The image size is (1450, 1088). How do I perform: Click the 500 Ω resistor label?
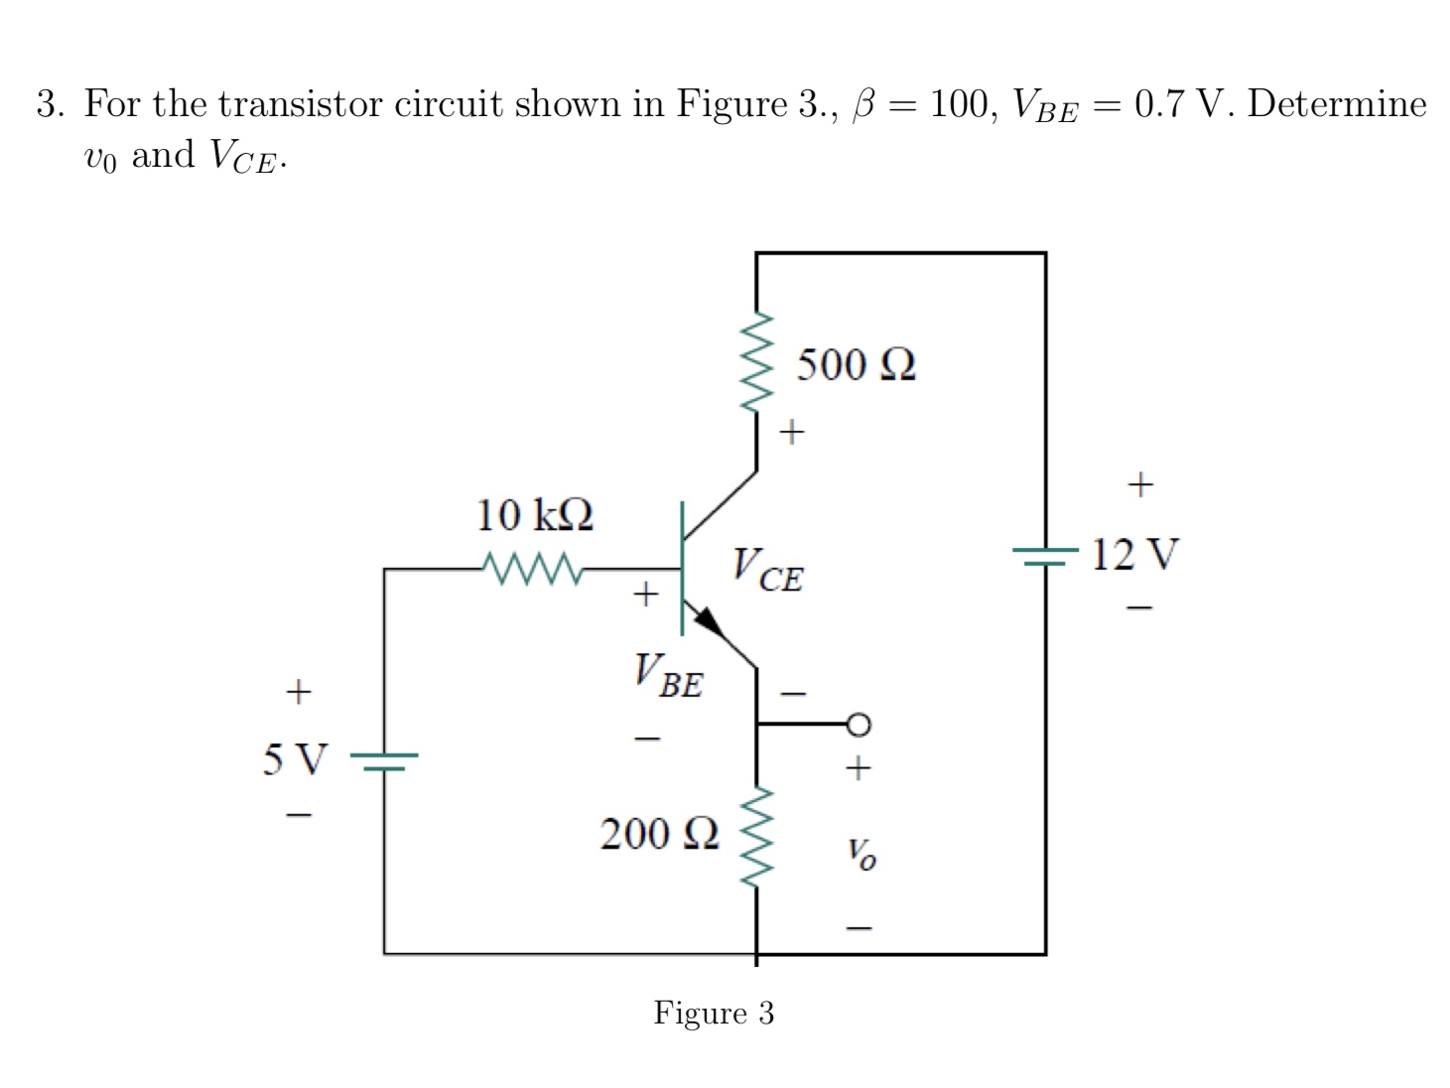(856, 365)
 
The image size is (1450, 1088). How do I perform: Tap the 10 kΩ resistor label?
(535, 515)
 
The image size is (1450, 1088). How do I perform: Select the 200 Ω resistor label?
(659, 834)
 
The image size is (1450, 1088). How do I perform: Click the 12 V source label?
(1135, 554)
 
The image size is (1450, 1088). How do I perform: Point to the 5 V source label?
(294, 759)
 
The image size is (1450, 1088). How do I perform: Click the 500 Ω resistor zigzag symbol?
(756, 361)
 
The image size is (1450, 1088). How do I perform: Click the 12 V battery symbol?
(1045, 556)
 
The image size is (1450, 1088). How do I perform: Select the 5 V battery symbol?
(384, 761)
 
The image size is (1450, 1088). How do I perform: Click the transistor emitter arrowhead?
(709, 621)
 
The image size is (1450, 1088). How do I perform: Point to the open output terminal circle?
(858, 725)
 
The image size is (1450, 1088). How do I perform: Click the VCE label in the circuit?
(767, 570)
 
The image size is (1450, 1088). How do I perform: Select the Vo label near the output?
(860, 852)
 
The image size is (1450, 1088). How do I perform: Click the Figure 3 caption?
(714, 1013)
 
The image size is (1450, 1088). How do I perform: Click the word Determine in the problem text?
(1337, 104)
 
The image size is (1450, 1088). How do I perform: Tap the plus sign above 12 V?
(1140, 484)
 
